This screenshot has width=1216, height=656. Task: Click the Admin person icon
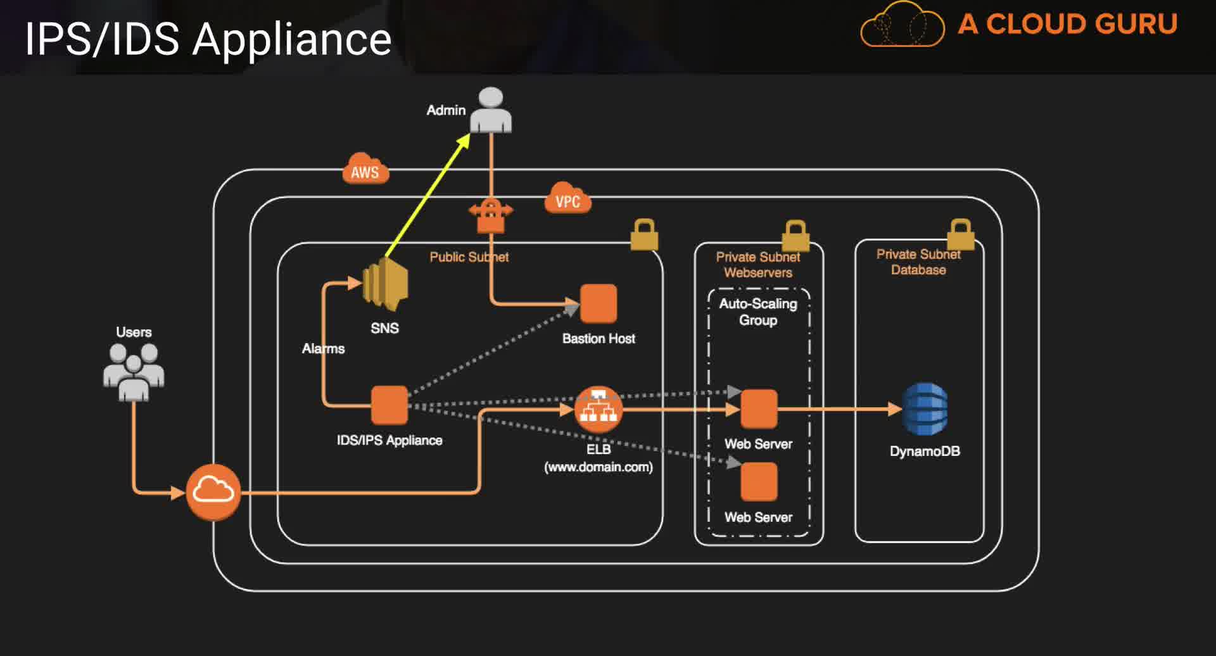[x=491, y=111]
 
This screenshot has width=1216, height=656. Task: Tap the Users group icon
[x=134, y=372]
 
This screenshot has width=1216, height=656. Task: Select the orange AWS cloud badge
[x=365, y=169]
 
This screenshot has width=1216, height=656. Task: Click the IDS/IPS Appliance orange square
[x=389, y=405]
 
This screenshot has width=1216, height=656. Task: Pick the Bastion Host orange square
[x=598, y=304]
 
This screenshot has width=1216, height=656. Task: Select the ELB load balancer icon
[x=598, y=410]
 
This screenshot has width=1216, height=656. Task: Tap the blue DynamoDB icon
[x=925, y=409]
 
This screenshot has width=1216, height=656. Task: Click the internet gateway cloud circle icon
[x=213, y=491]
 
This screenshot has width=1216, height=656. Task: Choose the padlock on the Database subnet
[x=960, y=234]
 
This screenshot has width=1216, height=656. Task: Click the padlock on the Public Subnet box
[x=645, y=235]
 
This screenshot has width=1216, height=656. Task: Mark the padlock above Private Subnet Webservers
[x=795, y=236]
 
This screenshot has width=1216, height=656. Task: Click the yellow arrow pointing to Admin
[x=428, y=195]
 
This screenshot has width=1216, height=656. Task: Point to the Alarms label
[x=323, y=349]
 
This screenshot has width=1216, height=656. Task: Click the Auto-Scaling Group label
[x=758, y=312]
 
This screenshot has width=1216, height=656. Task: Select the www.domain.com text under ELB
[x=598, y=467]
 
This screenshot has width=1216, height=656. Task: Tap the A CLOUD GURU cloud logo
[x=902, y=25]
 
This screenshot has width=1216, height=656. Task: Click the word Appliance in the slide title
[x=292, y=39]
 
